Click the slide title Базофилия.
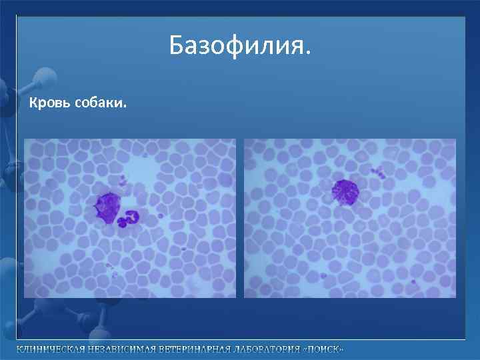pos(239,46)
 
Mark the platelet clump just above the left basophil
pos(122,181)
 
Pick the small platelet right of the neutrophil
pos(161,215)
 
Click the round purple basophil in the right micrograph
pos(345,192)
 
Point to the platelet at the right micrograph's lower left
pos(323,275)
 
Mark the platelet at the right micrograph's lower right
pos(413,282)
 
